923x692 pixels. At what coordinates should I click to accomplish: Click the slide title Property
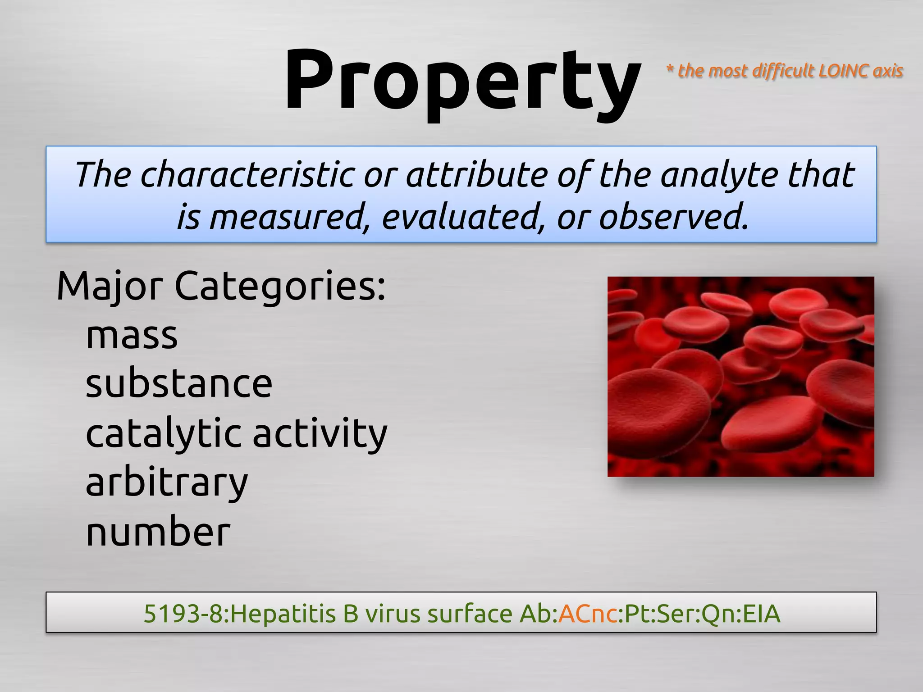[x=462, y=81]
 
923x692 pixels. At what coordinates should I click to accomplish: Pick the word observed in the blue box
[x=673, y=217]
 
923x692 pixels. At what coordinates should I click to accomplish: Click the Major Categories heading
[x=221, y=287]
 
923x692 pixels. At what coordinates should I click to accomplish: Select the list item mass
[x=132, y=336]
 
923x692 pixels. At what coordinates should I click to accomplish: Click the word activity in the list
[x=320, y=433]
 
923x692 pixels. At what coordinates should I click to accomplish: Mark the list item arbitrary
[x=167, y=483]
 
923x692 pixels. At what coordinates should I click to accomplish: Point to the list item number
[x=158, y=532]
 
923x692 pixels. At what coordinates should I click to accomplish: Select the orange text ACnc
[x=587, y=614]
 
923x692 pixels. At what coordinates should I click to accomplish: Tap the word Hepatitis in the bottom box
[x=283, y=614]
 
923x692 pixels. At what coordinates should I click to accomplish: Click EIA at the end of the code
[x=761, y=614]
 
